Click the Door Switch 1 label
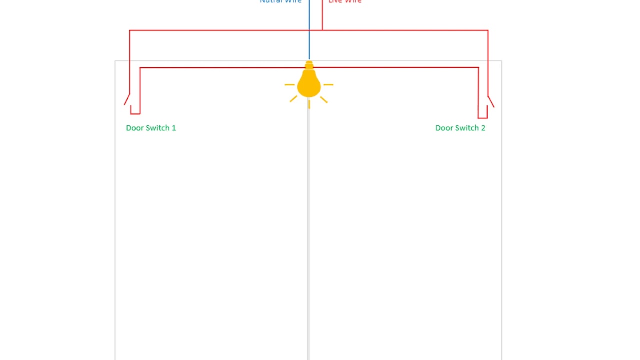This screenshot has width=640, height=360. pyautogui.click(x=151, y=128)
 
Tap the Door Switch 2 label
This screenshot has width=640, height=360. pyautogui.click(x=460, y=128)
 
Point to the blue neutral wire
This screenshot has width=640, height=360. pyautogui.click(x=309, y=30)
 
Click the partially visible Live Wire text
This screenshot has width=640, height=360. pyautogui.click(x=345, y=1)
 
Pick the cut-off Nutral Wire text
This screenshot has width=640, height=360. pyautogui.click(x=281, y=1)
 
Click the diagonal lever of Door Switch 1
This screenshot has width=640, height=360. pyautogui.click(x=127, y=100)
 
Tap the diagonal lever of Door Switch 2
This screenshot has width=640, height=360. pyautogui.click(x=491, y=102)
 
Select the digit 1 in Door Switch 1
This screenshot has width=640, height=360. pyautogui.click(x=174, y=128)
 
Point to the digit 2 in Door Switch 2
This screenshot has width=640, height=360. pyautogui.click(x=483, y=128)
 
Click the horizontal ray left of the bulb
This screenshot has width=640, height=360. pyautogui.click(x=290, y=85)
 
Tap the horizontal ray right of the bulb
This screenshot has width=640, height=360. pyautogui.click(x=328, y=85)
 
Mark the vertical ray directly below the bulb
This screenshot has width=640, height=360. pyautogui.click(x=309, y=104)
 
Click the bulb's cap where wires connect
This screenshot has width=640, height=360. pyautogui.click(x=309, y=65)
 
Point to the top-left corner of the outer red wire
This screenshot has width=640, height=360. pyautogui.click(x=130, y=31)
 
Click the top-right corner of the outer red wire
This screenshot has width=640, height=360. pyautogui.click(x=487, y=31)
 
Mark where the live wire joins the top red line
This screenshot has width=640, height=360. pyautogui.click(x=322, y=30)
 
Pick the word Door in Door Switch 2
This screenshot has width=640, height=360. pyautogui.click(x=444, y=128)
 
